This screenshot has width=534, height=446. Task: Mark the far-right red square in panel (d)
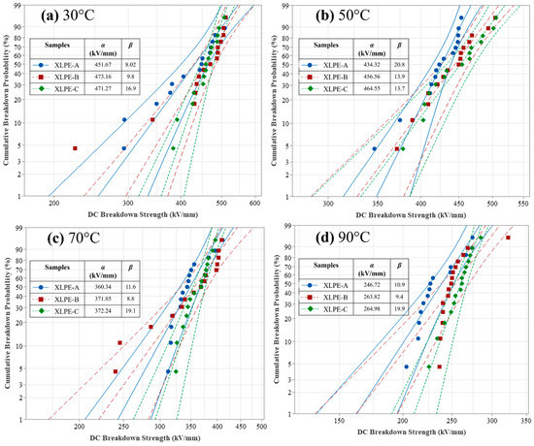point(507,238)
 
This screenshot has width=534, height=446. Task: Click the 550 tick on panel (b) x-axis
point(523,205)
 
